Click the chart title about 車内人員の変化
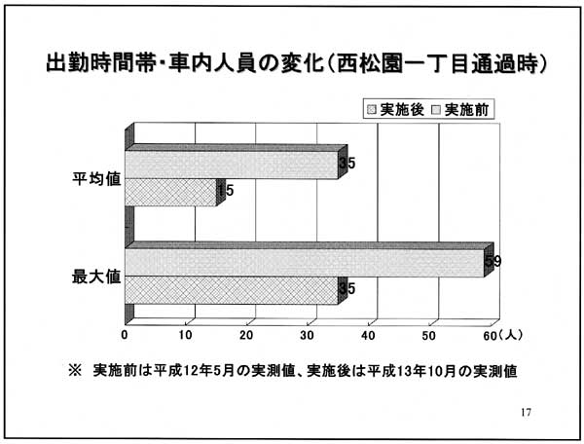tap(297, 63)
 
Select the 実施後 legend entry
tap(395, 110)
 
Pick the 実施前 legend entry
tap(460, 110)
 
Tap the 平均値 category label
tap(96, 179)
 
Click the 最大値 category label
tap(96, 277)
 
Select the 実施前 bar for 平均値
tap(232, 165)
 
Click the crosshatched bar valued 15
tap(170, 192)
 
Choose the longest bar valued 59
tap(305, 263)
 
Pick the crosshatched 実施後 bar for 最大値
tap(232, 290)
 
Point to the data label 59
tap(493, 262)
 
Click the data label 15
tap(226, 191)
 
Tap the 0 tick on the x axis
tap(125, 335)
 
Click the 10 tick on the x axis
tap(186, 335)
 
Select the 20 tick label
tap(246, 335)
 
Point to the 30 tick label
tap(308, 335)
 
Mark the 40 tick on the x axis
tap(368, 335)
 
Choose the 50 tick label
tap(429, 335)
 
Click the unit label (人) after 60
tap(510, 335)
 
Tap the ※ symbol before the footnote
tap(75, 371)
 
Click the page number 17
tap(526, 412)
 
